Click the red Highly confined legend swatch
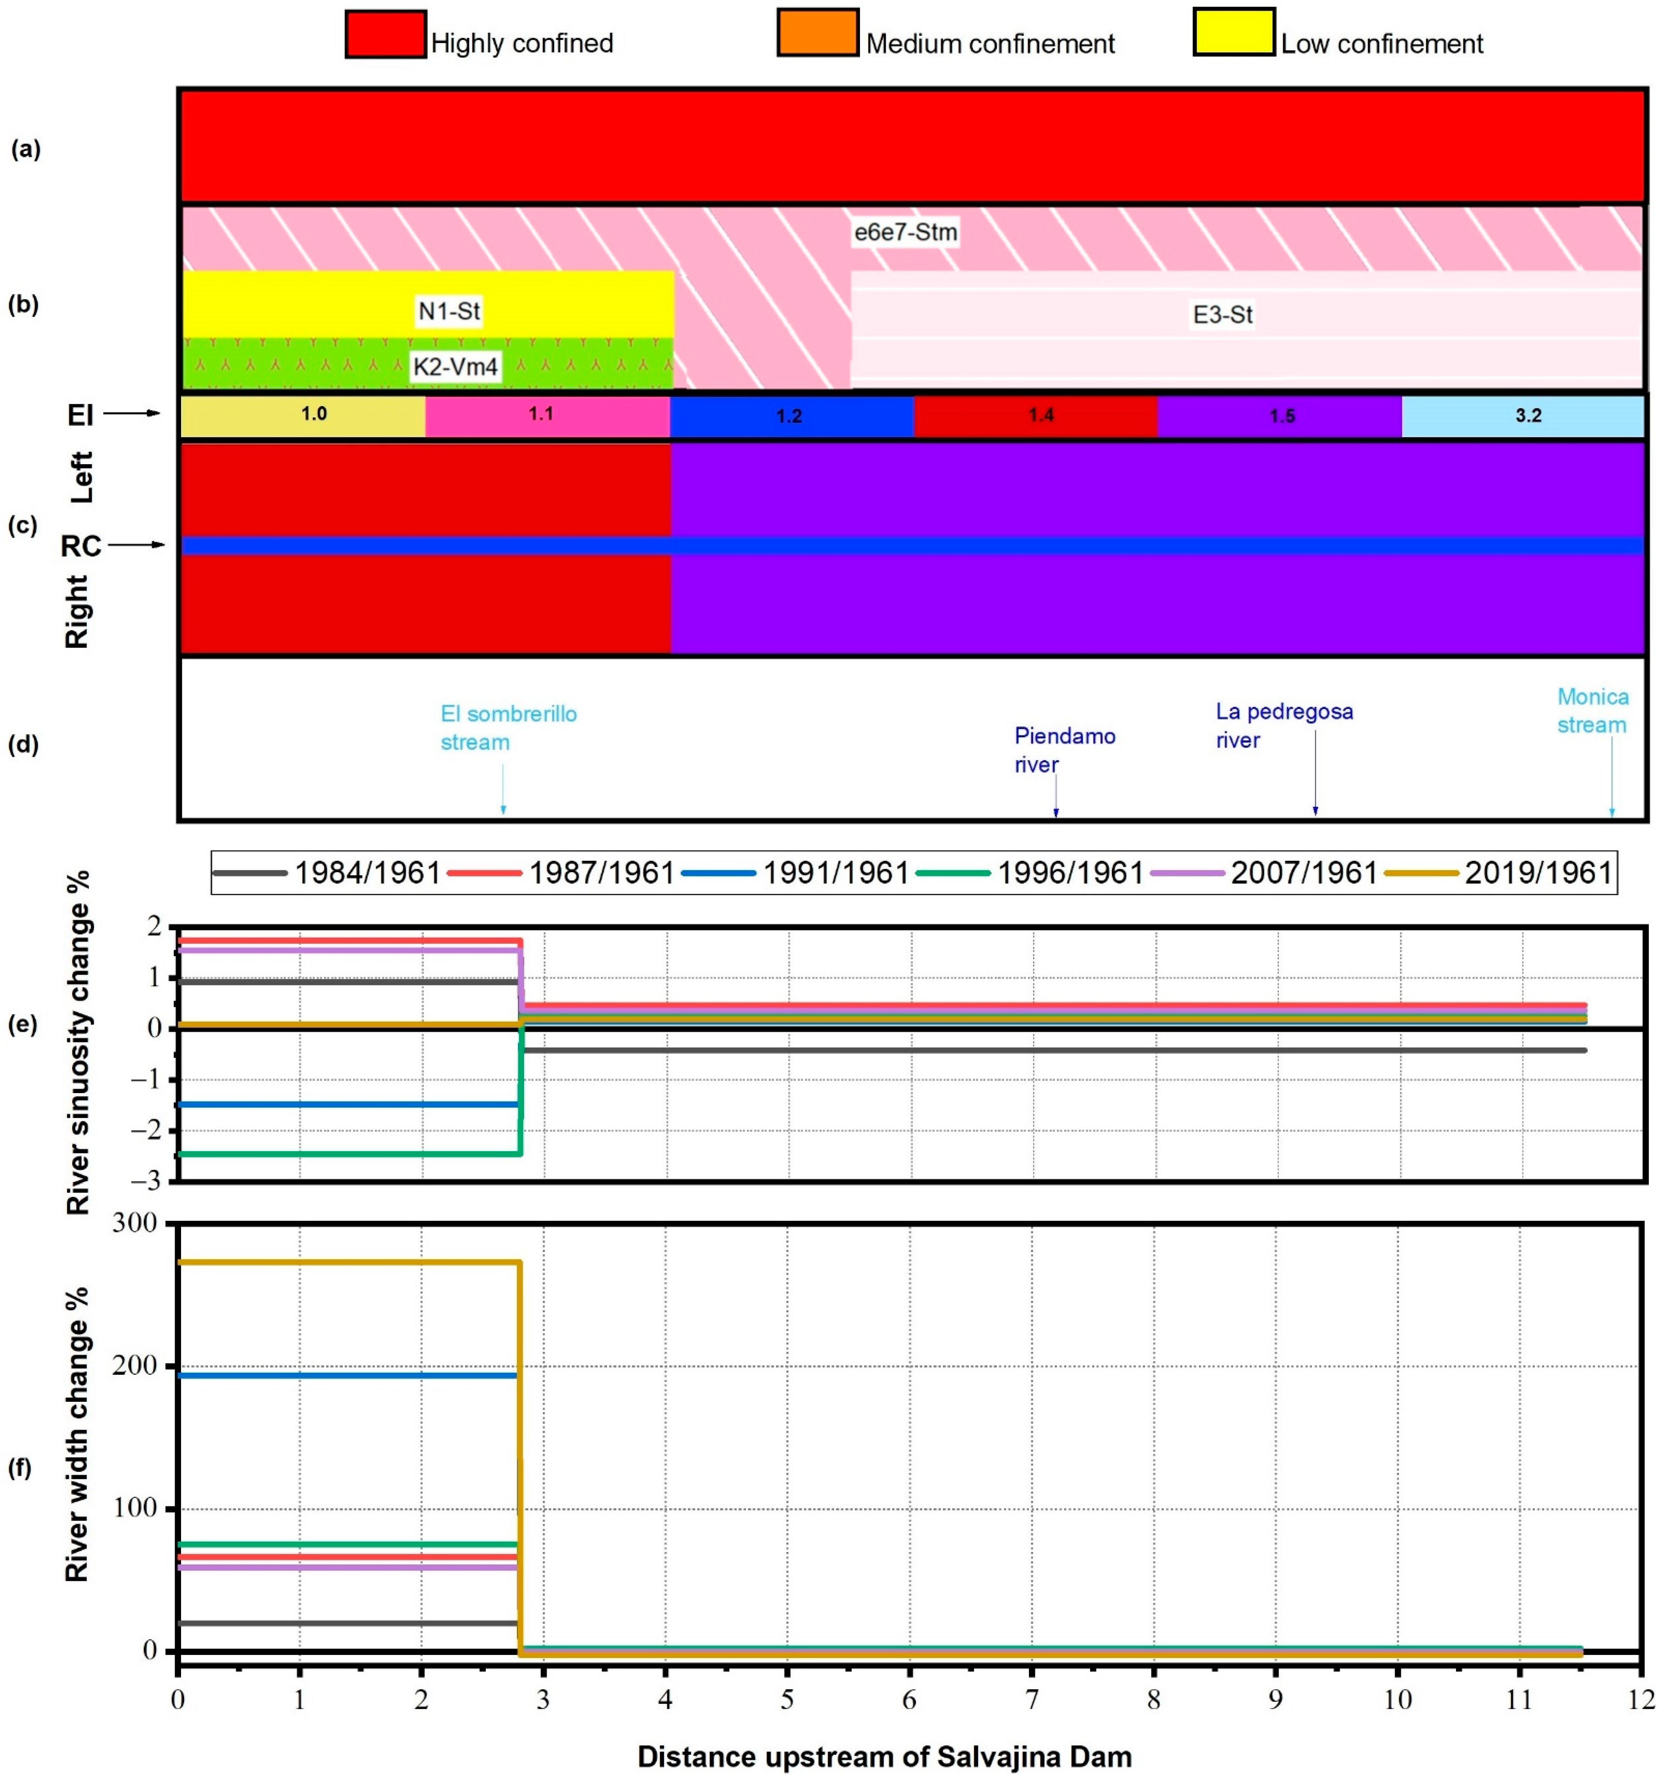[385, 34]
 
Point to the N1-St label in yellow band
[449, 311]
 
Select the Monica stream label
[1591, 710]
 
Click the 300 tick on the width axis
[135, 1223]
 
